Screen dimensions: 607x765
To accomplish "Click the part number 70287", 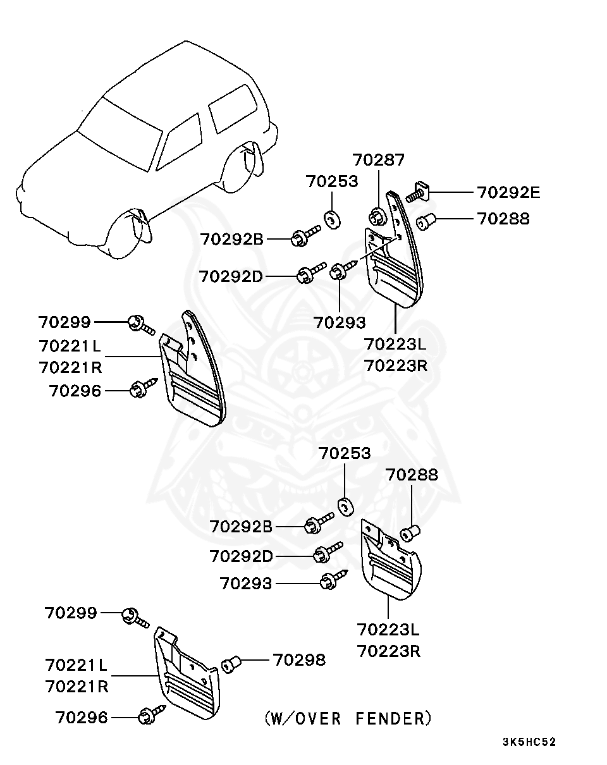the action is pos(379,160).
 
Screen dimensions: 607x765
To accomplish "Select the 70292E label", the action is pos(508,193).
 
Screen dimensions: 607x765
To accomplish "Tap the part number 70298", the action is pos(299,660).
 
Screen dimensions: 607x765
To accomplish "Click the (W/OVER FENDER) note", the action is pos(348,718).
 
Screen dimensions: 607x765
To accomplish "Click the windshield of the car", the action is pos(120,135).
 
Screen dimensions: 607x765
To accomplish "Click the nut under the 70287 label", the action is pos(376,216).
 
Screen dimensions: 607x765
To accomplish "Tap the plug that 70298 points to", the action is pos(231,664).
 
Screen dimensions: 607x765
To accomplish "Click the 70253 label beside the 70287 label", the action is pos(332,181).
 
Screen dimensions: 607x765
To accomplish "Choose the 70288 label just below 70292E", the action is pos(503,219).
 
